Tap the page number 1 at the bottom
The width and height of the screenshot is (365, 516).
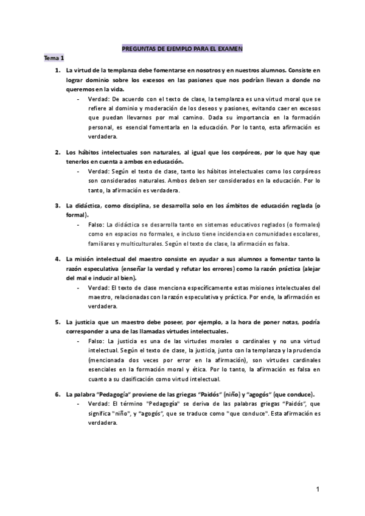click(318, 489)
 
